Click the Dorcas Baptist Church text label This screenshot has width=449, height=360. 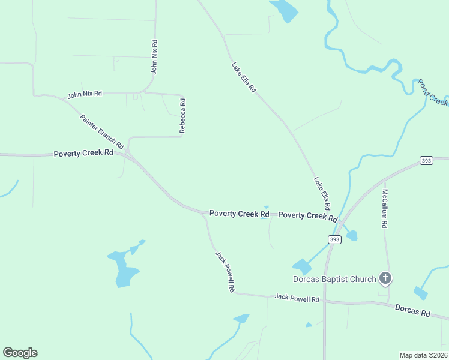[x=334, y=278]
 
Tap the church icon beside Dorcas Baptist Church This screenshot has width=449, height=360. [x=385, y=278]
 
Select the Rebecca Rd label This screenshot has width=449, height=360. [x=182, y=116]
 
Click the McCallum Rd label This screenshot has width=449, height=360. [x=385, y=209]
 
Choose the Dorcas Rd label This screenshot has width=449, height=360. [x=412, y=310]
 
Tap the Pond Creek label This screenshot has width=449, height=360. [x=433, y=92]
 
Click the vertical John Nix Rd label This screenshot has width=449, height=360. [x=154, y=56]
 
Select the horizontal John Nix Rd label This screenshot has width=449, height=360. [x=85, y=94]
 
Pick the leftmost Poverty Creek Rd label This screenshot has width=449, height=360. [x=83, y=153]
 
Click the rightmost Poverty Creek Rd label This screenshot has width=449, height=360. [x=307, y=215]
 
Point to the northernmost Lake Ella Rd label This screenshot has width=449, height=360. [x=244, y=77]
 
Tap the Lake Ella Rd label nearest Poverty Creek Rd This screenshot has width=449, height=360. [x=322, y=193]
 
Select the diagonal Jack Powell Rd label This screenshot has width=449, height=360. [x=224, y=271]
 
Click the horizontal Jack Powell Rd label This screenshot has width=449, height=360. [x=297, y=298]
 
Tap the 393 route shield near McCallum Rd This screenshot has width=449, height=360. [x=426, y=161]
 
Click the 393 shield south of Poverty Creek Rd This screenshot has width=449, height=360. [x=334, y=239]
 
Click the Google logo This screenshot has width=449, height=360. [x=20, y=353]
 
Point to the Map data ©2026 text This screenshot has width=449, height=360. [x=423, y=355]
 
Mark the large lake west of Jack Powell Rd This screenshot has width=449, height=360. [x=125, y=269]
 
